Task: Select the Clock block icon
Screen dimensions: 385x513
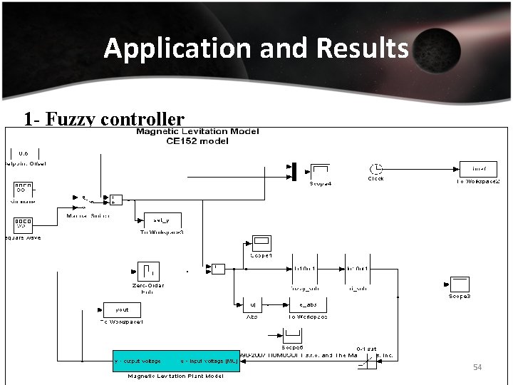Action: click(x=375, y=169)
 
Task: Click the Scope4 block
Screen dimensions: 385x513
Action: click(x=320, y=171)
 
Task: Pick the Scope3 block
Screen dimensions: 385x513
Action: click(x=458, y=284)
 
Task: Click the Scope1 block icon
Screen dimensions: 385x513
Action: click(x=261, y=243)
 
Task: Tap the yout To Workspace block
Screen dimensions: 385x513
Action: click(x=121, y=310)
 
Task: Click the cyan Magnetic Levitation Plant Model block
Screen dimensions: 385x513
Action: click(x=176, y=361)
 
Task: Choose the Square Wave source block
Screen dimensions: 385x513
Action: click(x=24, y=224)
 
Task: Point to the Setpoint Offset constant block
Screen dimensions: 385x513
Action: click(x=24, y=153)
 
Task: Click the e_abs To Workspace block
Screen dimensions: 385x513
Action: click(x=308, y=305)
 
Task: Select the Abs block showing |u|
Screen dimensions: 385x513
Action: click(x=253, y=305)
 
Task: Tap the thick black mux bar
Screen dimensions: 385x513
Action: click(x=293, y=171)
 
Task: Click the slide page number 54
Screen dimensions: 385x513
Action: click(x=478, y=367)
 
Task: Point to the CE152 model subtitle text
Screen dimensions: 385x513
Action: click(x=197, y=141)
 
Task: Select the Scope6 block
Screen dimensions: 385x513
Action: click(x=294, y=334)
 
